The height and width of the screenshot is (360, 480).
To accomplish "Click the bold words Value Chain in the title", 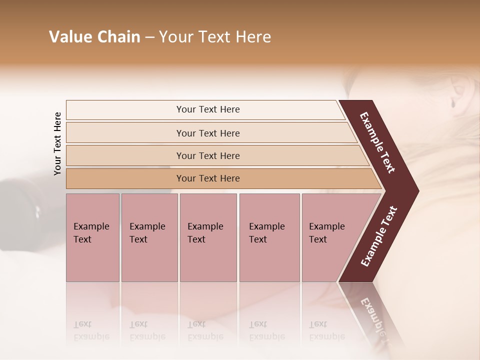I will pyautogui.click(x=94, y=37).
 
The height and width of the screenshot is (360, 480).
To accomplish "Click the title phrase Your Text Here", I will pyautogui.click(x=215, y=37).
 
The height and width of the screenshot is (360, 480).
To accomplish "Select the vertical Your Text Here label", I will pyautogui.click(x=58, y=143).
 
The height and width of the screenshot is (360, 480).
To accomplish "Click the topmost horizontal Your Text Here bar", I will pyautogui.click(x=207, y=109).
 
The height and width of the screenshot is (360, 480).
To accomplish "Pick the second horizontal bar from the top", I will pyautogui.click(x=207, y=133).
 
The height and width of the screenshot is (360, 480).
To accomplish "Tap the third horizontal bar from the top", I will pyautogui.click(x=207, y=155).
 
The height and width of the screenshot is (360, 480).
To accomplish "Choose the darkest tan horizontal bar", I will pyautogui.click(x=207, y=178).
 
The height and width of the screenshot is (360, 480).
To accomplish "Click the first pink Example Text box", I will pyautogui.click(x=92, y=237).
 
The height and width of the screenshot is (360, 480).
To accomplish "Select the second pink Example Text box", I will pyautogui.click(x=149, y=237).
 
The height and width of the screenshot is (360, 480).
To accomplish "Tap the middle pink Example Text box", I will pyautogui.click(x=208, y=237).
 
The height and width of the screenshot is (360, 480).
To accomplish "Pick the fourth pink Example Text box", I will pyautogui.click(x=269, y=237).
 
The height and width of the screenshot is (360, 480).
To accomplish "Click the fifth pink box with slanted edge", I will pyautogui.click(x=330, y=237).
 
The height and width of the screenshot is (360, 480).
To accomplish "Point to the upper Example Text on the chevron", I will pyautogui.click(x=378, y=142).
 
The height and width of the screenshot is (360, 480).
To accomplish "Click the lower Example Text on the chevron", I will pyautogui.click(x=379, y=236).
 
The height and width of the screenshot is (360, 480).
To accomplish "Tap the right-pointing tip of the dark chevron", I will pyautogui.click(x=416, y=190).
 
